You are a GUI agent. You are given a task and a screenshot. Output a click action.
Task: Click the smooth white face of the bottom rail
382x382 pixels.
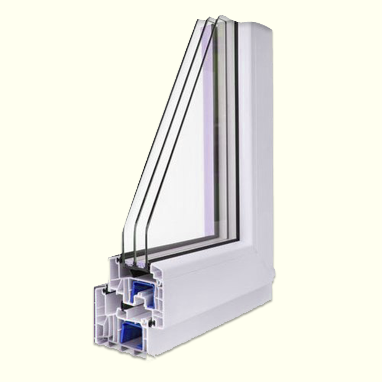214,290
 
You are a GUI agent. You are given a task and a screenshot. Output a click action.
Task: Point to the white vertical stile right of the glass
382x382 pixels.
256,134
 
